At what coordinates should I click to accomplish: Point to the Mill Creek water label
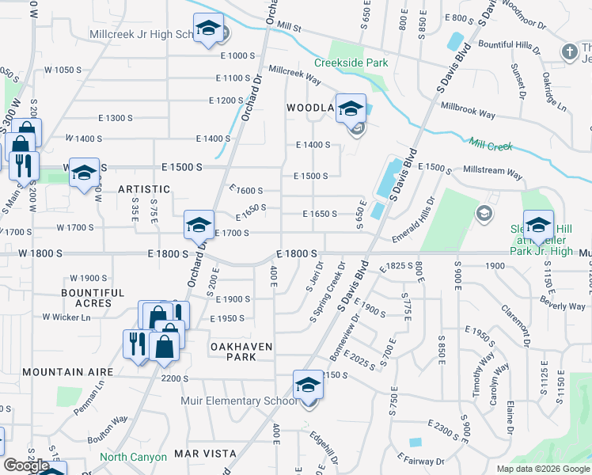(491, 145)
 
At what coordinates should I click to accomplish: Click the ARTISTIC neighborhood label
(144, 189)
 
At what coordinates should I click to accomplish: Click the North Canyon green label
(133, 457)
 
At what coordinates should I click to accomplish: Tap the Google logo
(26, 465)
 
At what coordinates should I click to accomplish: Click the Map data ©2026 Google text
(542, 469)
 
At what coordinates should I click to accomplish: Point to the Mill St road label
(287, 27)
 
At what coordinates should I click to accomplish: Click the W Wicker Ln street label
(66, 317)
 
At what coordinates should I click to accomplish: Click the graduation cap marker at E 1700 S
(199, 225)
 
